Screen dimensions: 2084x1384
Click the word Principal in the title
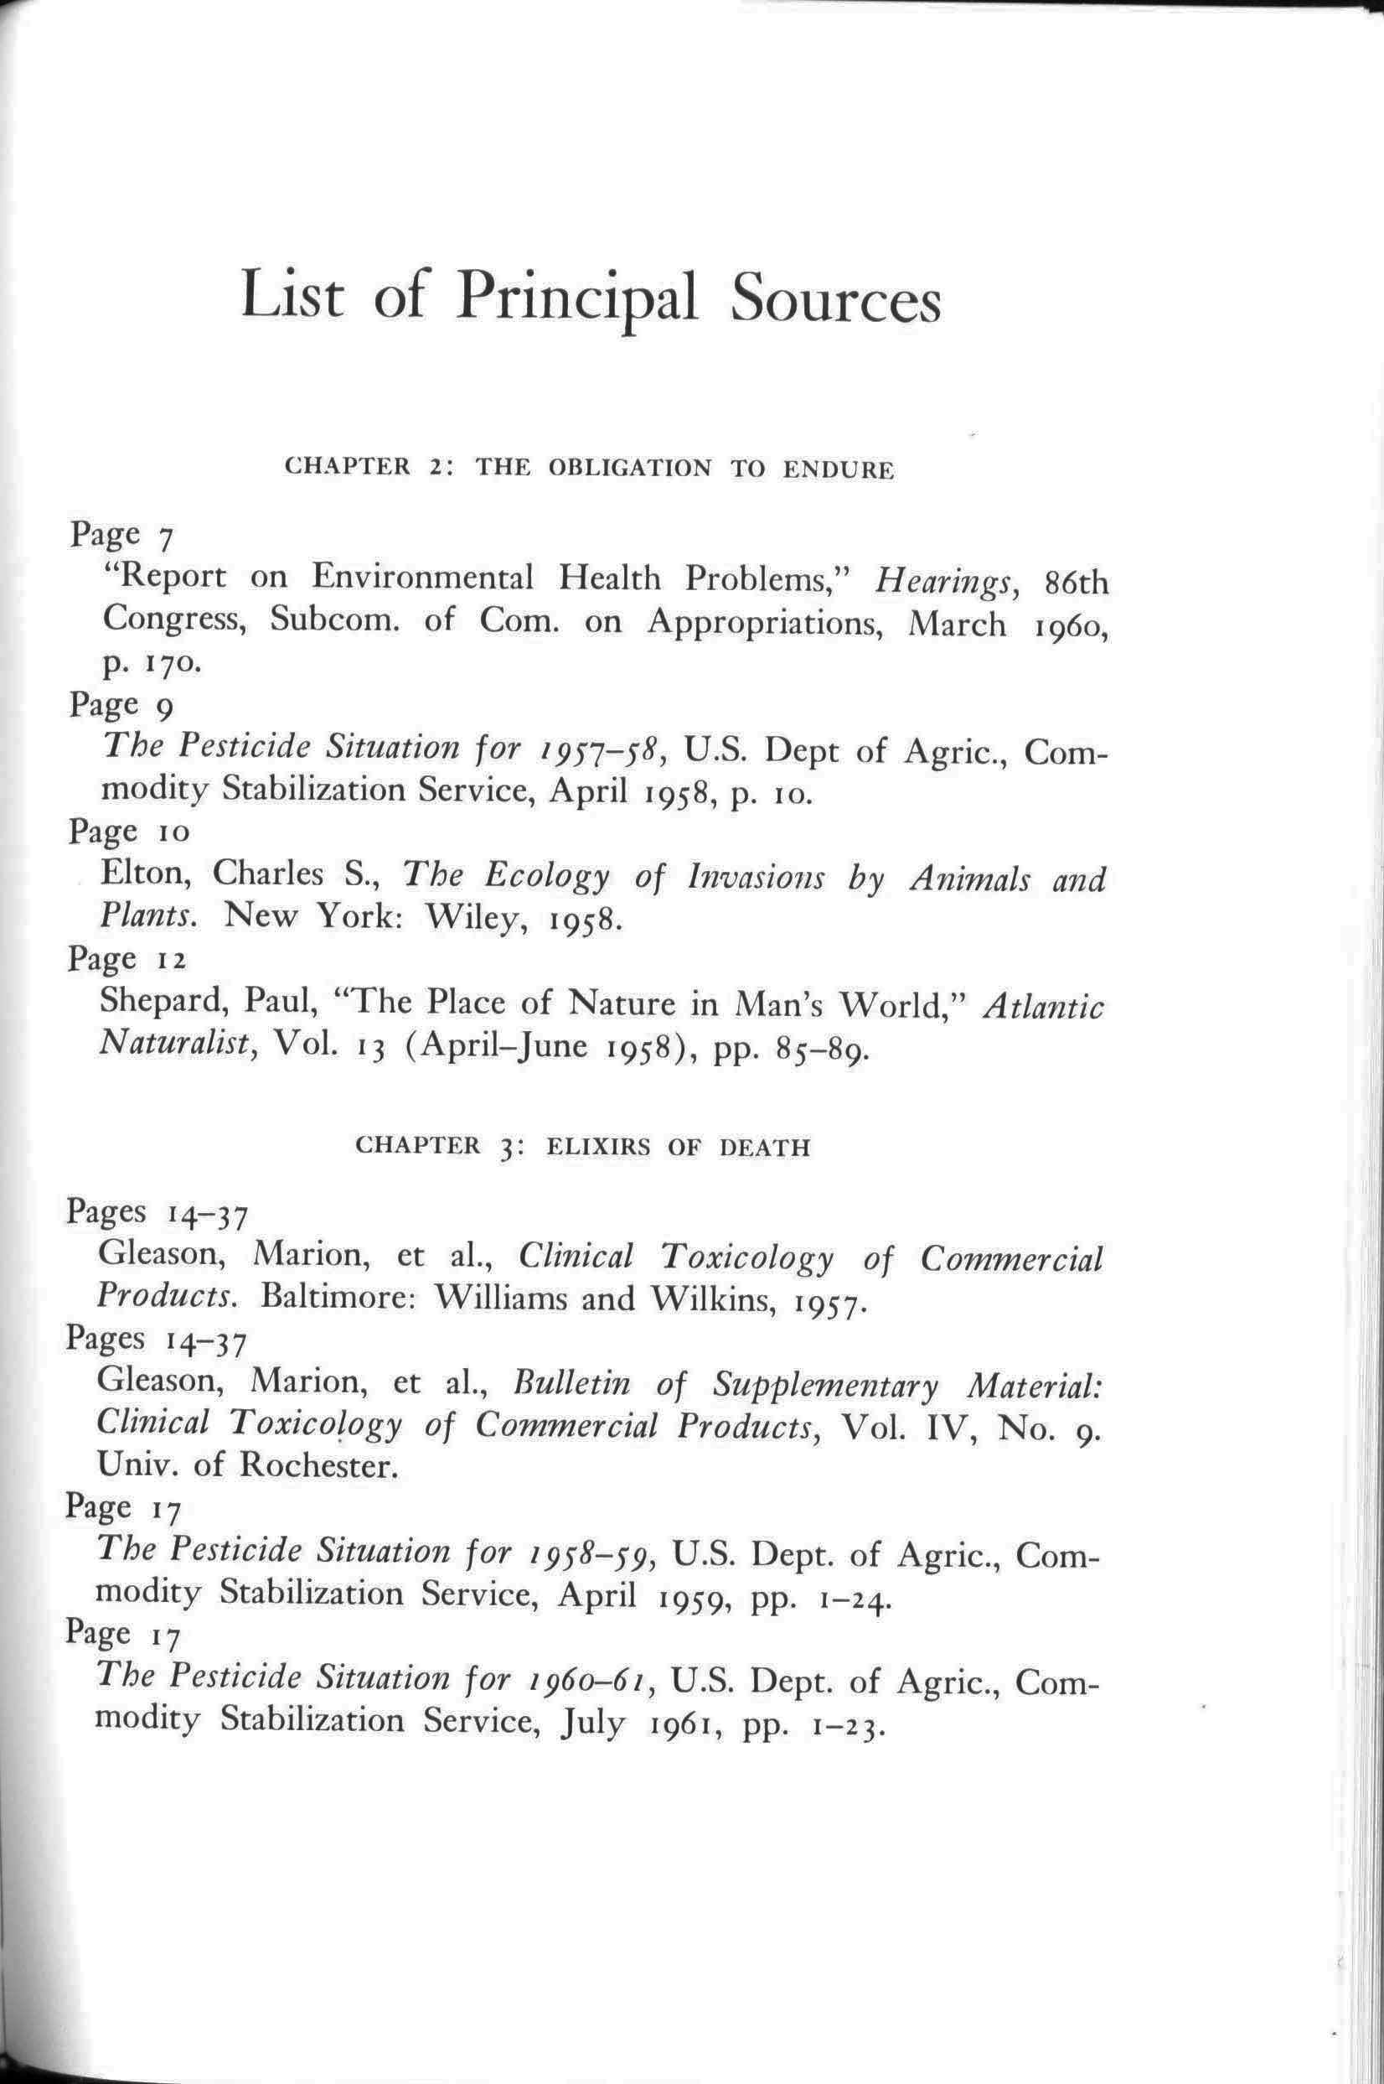(577, 298)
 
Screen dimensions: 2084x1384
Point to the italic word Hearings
(947, 582)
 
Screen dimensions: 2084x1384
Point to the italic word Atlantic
(1043, 1006)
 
